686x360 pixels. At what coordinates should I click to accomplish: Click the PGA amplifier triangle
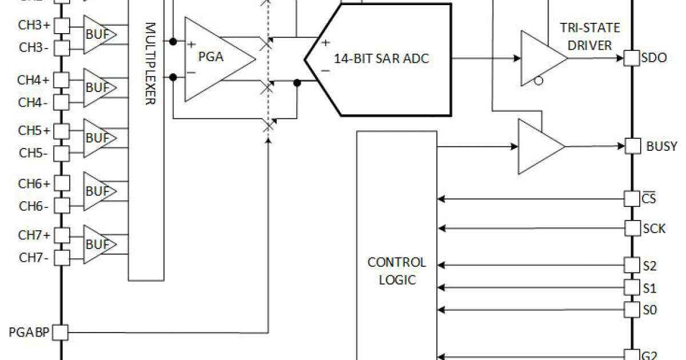click(x=214, y=59)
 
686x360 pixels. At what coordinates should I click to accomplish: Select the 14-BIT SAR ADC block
click(x=382, y=59)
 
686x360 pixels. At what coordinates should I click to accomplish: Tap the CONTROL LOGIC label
click(x=396, y=271)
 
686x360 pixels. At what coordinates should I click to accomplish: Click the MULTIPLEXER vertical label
click(x=150, y=63)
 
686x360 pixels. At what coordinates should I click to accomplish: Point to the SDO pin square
click(x=631, y=58)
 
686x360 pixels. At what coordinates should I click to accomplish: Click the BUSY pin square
click(x=632, y=146)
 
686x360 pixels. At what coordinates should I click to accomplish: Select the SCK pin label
click(x=654, y=229)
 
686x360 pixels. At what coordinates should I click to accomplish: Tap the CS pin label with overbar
click(x=649, y=199)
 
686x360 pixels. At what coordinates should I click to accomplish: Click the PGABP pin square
click(x=61, y=331)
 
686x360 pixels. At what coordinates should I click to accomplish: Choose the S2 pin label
click(x=649, y=265)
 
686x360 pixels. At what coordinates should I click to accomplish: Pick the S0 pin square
click(x=631, y=310)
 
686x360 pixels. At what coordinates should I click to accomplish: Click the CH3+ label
click(x=34, y=26)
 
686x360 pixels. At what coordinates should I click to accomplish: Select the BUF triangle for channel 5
click(x=99, y=138)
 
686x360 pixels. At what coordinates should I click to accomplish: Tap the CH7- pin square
click(x=62, y=257)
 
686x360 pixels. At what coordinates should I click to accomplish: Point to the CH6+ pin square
click(x=62, y=183)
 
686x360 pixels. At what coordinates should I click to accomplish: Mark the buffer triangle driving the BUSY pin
click(x=539, y=146)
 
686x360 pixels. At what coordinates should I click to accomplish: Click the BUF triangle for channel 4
click(x=99, y=87)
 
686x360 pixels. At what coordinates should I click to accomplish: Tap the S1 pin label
click(x=649, y=287)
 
